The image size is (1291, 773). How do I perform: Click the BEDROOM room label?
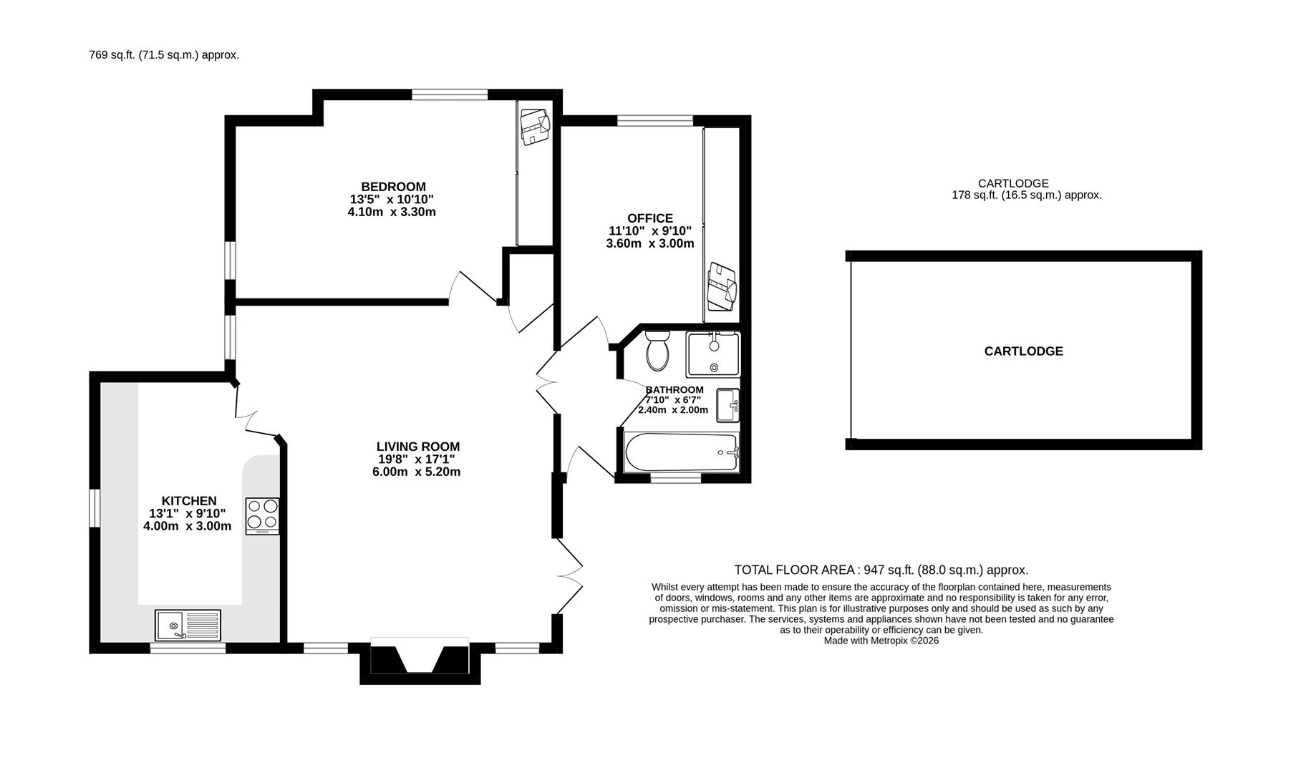click(x=393, y=187)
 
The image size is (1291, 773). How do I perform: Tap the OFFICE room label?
click(x=650, y=218)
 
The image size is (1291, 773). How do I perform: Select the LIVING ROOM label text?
click(x=418, y=447)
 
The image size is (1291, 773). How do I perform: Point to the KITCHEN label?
click(x=189, y=501)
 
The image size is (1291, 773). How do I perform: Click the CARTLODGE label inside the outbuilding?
click(x=1023, y=351)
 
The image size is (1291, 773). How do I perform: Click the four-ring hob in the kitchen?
click(x=262, y=516)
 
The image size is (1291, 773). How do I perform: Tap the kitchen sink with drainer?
click(x=188, y=625)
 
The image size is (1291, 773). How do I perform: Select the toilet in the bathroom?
click(x=657, y=350)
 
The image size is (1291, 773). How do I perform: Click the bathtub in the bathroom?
click(x=681, y=452)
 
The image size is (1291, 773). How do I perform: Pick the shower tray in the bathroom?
click(x=713, y=354)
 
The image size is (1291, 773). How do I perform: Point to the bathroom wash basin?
click(x=728, y=406)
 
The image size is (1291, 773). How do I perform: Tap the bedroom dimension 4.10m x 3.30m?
click(x=392, y=212)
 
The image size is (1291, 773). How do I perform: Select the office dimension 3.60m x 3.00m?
click(x=650, y=243)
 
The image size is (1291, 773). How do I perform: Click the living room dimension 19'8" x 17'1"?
click(x=417, y=460)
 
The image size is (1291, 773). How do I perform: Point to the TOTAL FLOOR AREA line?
click(x=881, y=570)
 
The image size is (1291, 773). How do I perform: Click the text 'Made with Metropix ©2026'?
click(x=881, y=641)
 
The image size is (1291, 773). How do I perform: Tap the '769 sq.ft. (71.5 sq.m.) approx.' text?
click(x=164, y=55)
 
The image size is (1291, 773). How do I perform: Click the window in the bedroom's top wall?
click(x=450, y=94)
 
